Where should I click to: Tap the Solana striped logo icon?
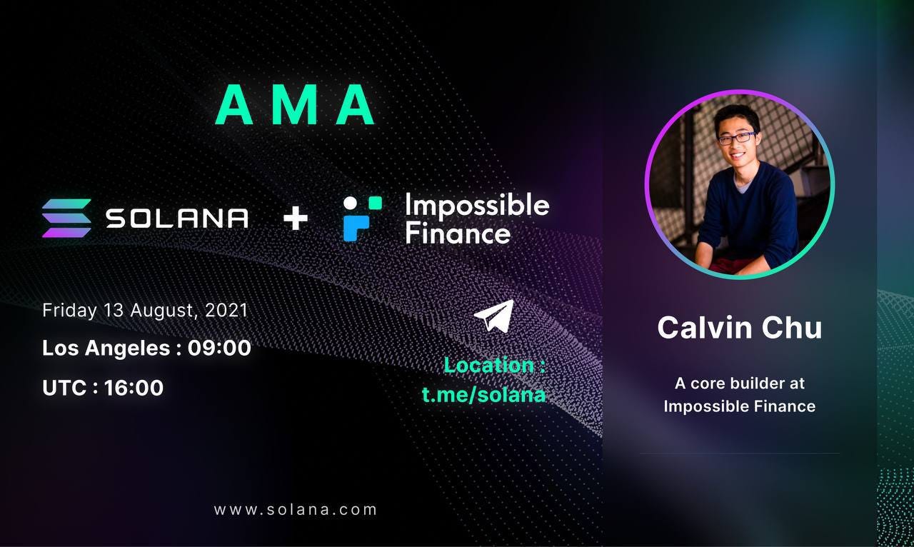coord(66,218)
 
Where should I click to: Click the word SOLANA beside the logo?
coord(177,219)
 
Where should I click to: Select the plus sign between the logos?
coord(295,219)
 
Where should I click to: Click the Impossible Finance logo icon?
coord(362,218)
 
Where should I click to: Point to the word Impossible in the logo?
coord(476,206)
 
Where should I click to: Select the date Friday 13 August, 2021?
coord(145,311)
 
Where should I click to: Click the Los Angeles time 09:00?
coord(219,348)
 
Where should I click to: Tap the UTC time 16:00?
coord(134,388)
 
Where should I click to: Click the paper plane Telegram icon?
coord(493,316)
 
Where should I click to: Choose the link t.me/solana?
coord(483,394)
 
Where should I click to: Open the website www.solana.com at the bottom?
coord(295,510)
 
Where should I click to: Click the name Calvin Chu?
coord(739,328)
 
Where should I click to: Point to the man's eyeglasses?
coord(737,138)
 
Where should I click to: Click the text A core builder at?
coord(739,383)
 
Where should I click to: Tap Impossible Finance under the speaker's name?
coord(739,406)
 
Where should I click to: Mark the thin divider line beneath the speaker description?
coord(739,453)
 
